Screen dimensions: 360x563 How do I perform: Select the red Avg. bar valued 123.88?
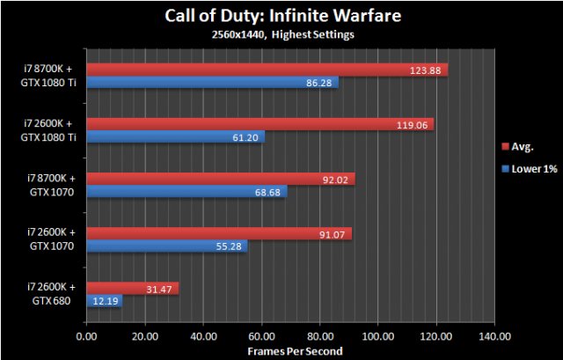coord(267,70)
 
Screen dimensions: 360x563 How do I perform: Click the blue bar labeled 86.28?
coord(212,83)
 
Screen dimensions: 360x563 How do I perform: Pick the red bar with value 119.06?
coord(260,124)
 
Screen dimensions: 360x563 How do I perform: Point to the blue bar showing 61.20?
coord(175,137)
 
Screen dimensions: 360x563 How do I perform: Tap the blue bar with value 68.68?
coord(186,192)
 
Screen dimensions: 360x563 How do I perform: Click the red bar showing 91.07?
coord(219,233)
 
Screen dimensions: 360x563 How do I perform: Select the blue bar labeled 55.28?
coord(167,246)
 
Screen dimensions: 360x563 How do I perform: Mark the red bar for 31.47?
coord(132,288)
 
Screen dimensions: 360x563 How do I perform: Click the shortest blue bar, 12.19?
coord(104,301)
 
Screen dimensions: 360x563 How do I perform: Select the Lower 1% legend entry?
coord(530,168)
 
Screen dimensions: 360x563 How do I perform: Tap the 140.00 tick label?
coord(494,335)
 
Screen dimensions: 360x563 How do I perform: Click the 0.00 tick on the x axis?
coord(86,335)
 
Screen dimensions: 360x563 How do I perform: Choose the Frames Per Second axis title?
coord(289,349)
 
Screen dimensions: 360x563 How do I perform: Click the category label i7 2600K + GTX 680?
coord(50,294)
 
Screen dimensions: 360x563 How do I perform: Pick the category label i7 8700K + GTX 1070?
coord(50,185)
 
